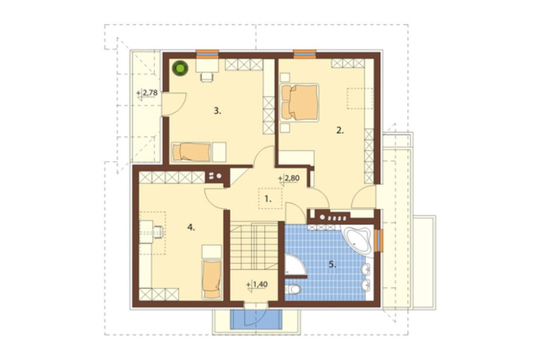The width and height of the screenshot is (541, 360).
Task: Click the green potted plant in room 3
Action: [181, 68]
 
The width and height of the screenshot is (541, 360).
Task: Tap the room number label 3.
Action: [217, 111]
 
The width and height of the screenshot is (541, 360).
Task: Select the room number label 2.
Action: [340, 130]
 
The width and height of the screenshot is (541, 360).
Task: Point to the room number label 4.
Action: [191, 227]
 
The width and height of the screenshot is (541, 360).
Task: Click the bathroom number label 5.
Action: [332, 264]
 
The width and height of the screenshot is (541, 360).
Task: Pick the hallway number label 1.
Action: [268, 198]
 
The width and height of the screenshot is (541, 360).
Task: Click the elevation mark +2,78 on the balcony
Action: [147, 93]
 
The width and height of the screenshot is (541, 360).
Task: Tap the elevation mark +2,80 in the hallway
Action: [288, 178]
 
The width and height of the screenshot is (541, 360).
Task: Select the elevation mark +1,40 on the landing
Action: [257, 284]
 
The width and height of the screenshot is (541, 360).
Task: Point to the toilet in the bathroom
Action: [293, 289]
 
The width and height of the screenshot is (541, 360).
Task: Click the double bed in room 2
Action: [300, 102]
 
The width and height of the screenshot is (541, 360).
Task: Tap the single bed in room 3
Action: [192, 152]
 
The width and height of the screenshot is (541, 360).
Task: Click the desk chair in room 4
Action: [159, 232]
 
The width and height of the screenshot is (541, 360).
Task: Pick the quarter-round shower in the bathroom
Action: [293, 265]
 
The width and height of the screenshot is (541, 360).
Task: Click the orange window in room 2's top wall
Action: [305, 54]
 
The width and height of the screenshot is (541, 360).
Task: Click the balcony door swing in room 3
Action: [175, 104]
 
